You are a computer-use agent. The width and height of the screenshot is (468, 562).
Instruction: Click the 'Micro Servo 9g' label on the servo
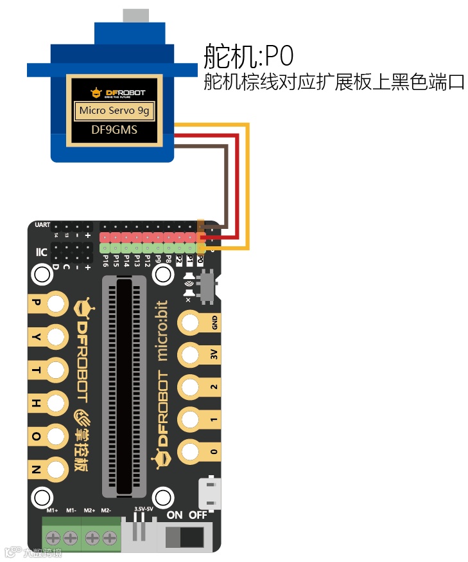point(114,111)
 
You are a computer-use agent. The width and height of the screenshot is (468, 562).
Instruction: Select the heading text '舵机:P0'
point(248,57)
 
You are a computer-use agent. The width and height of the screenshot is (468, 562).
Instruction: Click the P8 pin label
point(169,260)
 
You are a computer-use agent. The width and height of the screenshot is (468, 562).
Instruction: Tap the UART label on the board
point(43,225)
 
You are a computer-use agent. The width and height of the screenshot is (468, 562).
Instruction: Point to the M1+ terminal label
point(53,510)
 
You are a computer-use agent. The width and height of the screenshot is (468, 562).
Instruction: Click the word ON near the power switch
point(175,515)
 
